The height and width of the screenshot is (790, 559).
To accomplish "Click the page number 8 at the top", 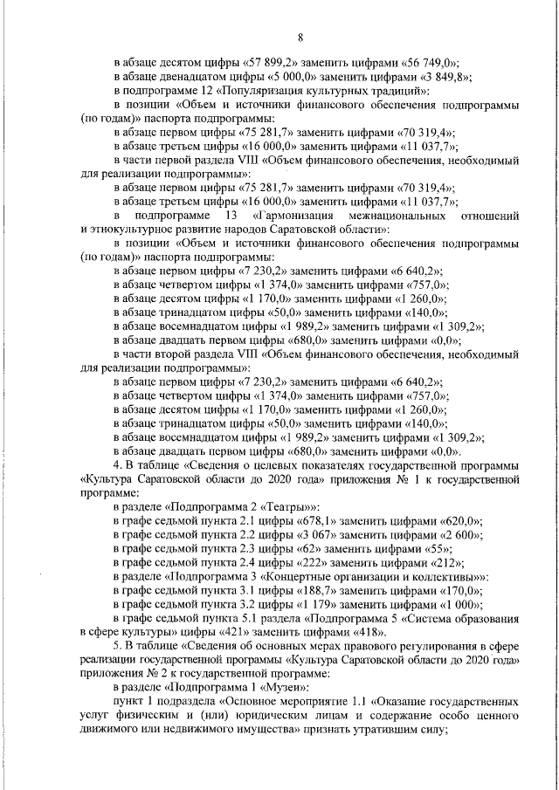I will pyautogui.click(x=300, y=37).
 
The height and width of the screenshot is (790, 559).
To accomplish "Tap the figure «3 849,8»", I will pyautogui.click(x=437, y=77).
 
